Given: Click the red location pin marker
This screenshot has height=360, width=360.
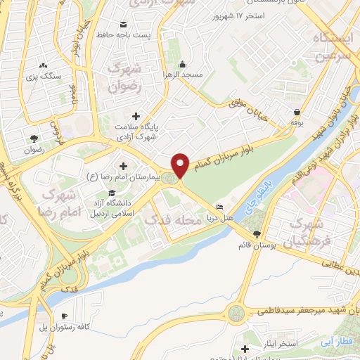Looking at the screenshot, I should pyautogui.click(x=181, y=165).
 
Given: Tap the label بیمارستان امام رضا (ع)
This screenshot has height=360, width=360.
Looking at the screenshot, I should pyautogui.click(x=119, y=176).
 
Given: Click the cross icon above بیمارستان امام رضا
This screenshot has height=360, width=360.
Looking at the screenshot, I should pyautogui.click(x=124, y=166).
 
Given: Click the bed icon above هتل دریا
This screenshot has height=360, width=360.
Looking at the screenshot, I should pyautogui.click(x=219, y=207).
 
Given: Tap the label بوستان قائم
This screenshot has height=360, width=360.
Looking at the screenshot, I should pyautogui.click(x=255, y=244).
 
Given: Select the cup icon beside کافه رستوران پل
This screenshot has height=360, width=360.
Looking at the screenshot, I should pyautogui.click(x=65, y=316).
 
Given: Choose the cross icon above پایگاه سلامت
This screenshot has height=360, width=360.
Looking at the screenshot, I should pyautogui.click(x=136, y=115).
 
